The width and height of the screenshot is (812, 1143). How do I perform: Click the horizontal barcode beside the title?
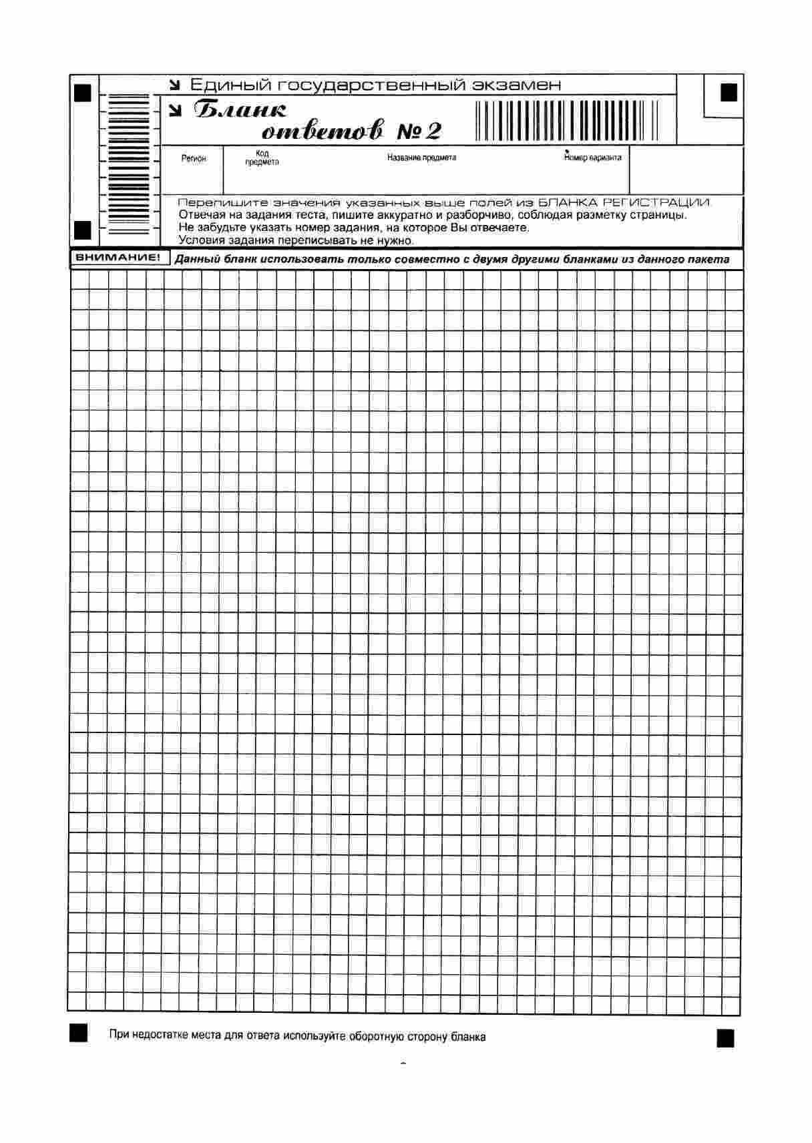567,120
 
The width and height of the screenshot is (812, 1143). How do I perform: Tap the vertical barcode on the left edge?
129,164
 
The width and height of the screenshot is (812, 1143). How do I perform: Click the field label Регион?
194,159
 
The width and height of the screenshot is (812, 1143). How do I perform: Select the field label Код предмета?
262,158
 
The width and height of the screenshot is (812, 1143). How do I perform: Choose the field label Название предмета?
421,158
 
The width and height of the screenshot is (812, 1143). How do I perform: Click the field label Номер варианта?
592,158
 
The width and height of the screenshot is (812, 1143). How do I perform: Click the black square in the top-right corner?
729,92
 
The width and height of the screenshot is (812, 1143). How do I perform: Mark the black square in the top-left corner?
83,92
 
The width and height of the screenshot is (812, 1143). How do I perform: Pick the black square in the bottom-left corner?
78,1032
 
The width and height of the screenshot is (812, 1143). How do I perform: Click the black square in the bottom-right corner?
725,1038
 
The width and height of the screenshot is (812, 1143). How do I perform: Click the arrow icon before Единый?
175,85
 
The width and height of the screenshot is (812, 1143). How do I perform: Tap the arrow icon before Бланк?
175,111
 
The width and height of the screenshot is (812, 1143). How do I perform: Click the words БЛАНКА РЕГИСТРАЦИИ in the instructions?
624,202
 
